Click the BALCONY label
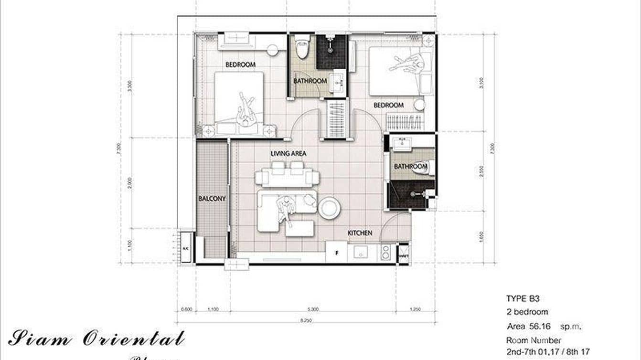(212, 198)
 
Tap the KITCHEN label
(360, 233)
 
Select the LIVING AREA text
(288, 154)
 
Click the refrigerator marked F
(336, 253)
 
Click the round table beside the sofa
(330, 208)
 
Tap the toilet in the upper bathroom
(302, 48)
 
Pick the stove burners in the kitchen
(385, 253)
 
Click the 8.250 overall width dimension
(306, 321)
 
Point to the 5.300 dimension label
(313, 309)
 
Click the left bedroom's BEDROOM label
(240, 64)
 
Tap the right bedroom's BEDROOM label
(388, 105)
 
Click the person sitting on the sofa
(286, 209)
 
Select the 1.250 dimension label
(416, 309)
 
